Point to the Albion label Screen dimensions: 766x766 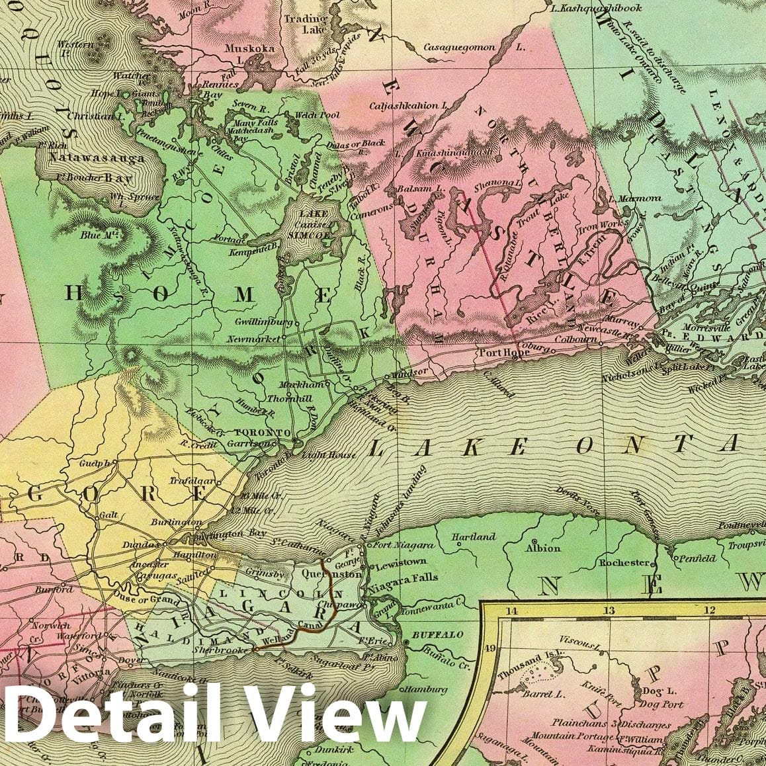[x=542, y=548]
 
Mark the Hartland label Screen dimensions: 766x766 [x=473, y=537]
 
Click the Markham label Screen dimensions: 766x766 [x=287, y=385]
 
